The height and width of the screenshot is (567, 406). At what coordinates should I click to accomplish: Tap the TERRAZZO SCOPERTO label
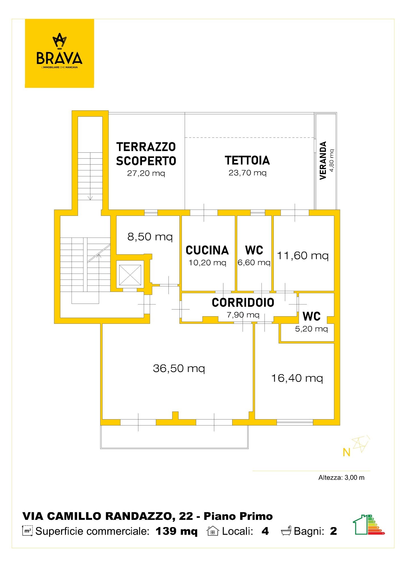coord(146,154)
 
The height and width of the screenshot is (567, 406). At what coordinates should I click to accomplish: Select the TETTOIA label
coord(247,160)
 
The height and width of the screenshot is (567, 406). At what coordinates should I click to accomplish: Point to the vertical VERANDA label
coord(323,160)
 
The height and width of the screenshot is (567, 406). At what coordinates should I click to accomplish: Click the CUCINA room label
coord(207,250)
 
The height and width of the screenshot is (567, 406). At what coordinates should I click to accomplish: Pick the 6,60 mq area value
coord(254,263)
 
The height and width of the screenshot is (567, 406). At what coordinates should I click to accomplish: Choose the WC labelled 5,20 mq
coord(311,316)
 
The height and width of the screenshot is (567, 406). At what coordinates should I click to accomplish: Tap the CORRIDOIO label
coord(243,302)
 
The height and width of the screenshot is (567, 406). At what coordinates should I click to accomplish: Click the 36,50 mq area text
coord(179,369)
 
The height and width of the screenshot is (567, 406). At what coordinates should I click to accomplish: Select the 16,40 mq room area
coord(297,378)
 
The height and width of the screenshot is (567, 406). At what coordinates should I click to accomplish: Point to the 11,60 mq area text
coord(303,256)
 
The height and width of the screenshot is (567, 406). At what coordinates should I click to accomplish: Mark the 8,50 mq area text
coord(150,237)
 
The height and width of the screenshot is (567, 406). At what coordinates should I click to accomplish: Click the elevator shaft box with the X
coord(130,275)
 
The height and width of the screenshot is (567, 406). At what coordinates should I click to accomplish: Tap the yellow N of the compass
coord(346,452)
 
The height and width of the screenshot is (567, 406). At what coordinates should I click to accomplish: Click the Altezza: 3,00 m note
coord(341,478)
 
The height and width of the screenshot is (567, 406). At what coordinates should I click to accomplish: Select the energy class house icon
coord(369,524)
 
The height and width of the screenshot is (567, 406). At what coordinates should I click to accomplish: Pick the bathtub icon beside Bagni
coord(286,531)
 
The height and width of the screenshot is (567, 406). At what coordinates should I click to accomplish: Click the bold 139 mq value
coord(176,531)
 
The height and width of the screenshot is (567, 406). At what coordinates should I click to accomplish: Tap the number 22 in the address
coord(186,516)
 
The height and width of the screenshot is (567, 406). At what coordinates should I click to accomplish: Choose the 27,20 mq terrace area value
coord(146,173)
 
